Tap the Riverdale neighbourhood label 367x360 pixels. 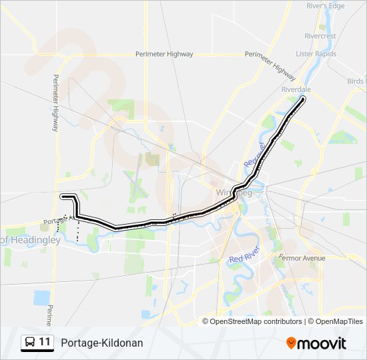[x=297, y=89]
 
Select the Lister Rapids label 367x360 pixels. [x=314, y=53]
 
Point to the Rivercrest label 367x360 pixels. [x=320, y=36]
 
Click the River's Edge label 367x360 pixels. [x=325, y=5]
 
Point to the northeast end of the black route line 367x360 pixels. [x=304, y=99]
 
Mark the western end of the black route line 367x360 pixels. [x=62, y=196]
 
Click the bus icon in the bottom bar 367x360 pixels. [x=30, y=343]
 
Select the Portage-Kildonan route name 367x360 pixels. [x=101, y=343]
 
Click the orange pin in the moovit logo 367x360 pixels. [x=291, y=343]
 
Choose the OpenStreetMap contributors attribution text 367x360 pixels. [x=256, y=321]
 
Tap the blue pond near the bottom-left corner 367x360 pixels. [x=41, y=298]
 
